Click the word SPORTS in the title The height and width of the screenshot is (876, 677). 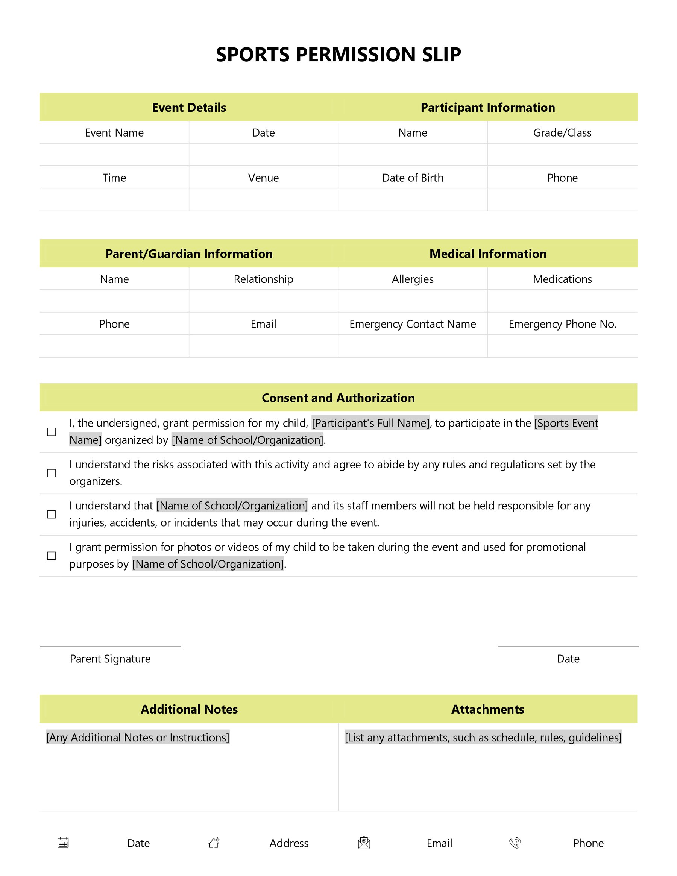(x=252, y=55)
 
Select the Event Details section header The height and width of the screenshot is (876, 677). (x=189, y=108)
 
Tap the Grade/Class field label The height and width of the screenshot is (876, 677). (x=562, y=133)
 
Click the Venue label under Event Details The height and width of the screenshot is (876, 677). (x=263, y=178)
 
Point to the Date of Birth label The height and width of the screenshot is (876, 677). (x=413, y=178)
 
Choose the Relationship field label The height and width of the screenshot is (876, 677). (x=263, y=279)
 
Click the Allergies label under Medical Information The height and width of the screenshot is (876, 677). (x=412, y=279)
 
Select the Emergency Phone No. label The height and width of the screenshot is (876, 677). (x=562, y=324)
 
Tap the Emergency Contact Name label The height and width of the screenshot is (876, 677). (x=412, y=324)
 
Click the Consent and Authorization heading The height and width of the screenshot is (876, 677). (x=338, y=398)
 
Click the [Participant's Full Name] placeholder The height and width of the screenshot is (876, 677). (x=370, y=423)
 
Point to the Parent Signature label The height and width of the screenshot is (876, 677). (x=110, y=659)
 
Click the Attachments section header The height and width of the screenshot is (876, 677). (x=487, y=709)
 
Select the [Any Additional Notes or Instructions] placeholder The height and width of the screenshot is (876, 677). (x=138, y=738)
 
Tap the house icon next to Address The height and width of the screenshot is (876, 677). (x=214, y=843)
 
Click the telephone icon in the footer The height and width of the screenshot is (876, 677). (x=515, y=843)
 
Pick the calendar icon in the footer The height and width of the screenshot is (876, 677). (x=63, y=843)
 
